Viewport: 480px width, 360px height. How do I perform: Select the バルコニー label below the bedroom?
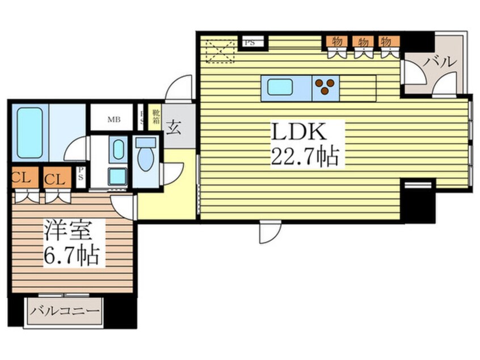pos(65,311)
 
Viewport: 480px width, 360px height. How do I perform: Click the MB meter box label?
pos(114,119)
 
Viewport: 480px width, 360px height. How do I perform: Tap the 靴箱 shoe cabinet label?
pos(154,117)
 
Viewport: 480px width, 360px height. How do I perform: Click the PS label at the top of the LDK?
pos(250,41)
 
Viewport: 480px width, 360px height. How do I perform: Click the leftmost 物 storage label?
pos(337,41)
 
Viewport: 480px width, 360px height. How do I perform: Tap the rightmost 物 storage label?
pos(387,41)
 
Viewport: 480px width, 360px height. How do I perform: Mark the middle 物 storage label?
pos(362,41)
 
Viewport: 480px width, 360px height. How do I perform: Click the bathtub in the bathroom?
pos(30,132)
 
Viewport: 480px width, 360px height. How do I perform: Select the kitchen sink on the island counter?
pos(280,87)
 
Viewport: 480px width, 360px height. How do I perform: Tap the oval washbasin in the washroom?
pos(117,149)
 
